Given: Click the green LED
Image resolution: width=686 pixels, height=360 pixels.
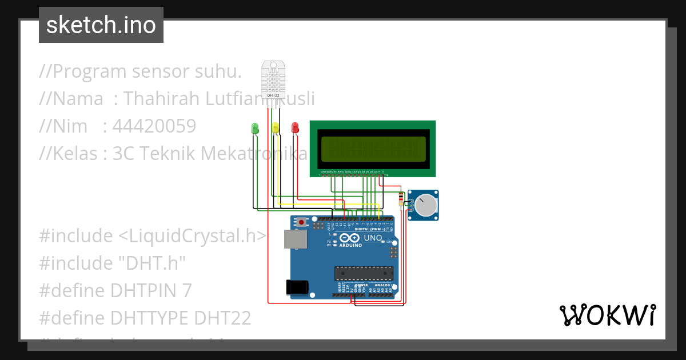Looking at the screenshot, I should [x=255, y=129].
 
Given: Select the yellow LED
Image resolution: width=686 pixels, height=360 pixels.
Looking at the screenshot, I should [x=276, y=128].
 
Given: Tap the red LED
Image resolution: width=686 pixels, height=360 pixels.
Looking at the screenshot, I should [x=295, y=128].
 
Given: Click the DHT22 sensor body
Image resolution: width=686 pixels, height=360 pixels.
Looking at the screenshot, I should [x=273, y=78].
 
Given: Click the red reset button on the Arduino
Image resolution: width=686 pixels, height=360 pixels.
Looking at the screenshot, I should [x=302, y=220].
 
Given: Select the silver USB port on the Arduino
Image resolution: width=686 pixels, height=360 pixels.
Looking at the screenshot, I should [x=295, y=240].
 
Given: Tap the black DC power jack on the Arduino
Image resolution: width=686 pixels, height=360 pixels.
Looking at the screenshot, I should [x=297, y=286].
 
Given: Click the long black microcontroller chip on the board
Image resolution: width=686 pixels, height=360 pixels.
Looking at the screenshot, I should [x=364, y=273].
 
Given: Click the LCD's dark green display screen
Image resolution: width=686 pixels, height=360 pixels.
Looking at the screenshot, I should [x=373, y=150].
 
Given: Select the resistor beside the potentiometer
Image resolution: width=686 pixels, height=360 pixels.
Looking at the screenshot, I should [x=400, y=198].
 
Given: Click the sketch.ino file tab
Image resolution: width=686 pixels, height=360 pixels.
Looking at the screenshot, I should [x=101, y=25].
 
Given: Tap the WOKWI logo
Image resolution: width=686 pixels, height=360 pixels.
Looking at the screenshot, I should [x=607, y=315].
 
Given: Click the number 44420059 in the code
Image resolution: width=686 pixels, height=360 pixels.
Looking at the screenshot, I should [x=154, y=126].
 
